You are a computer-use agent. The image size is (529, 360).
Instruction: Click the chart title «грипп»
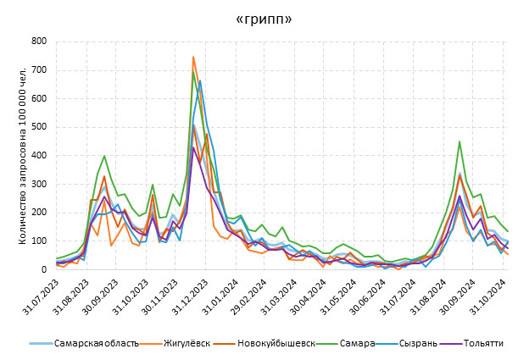[263, 19]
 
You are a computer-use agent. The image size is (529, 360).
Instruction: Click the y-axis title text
[12, 155]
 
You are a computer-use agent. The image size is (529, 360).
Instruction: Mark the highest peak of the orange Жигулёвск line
[193, 57]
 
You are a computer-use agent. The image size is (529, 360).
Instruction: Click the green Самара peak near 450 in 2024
[459, 141]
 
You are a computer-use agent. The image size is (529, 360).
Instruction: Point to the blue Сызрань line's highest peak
[200, 80]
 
